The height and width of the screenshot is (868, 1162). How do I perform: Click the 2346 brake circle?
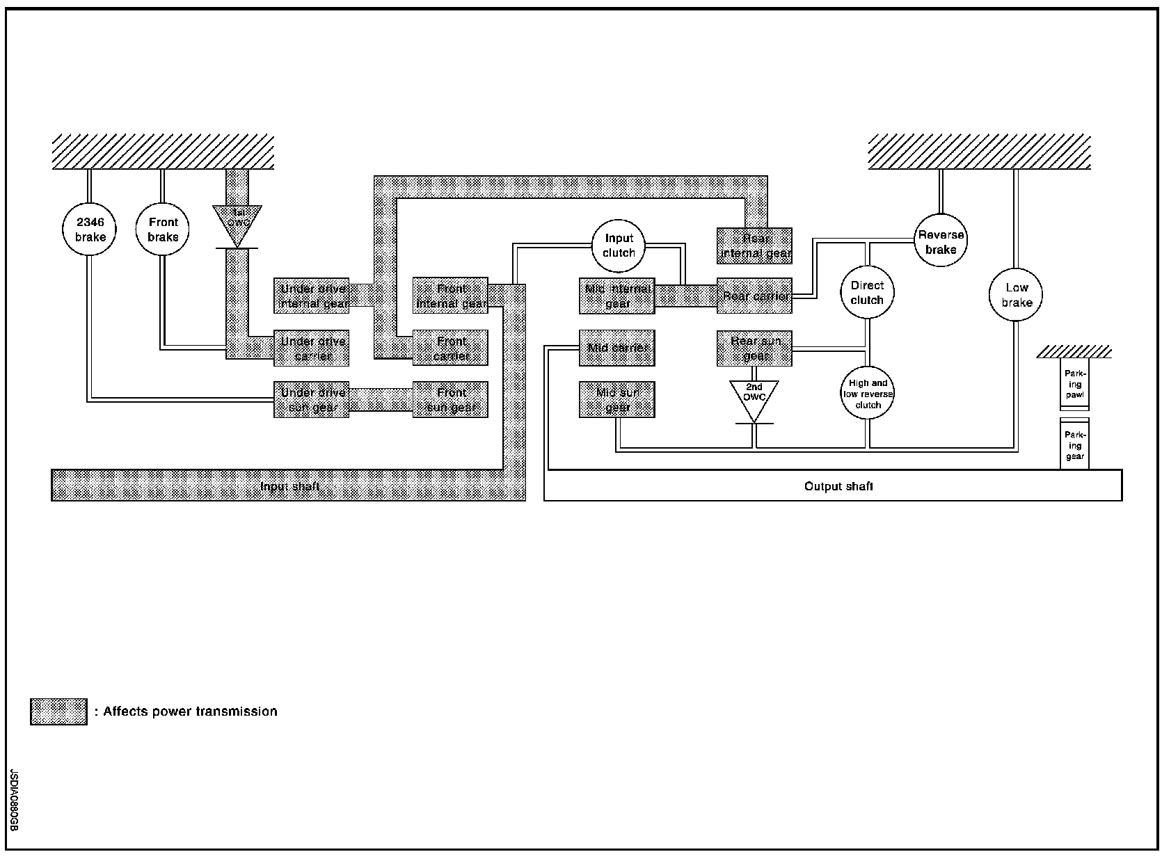coord(90,230)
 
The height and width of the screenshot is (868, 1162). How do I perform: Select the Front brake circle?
coord(163,230)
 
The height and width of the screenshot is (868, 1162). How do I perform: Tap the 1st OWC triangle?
coord(237,222)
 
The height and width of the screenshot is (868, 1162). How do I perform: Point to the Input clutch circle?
coord(619,246)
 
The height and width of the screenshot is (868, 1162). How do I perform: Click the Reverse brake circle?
coord(941,242)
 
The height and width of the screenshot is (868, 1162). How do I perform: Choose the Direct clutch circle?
coord(867,293)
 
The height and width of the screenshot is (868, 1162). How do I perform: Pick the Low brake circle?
coord(1016,295)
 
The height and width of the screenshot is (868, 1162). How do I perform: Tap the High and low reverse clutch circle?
coord(868,394)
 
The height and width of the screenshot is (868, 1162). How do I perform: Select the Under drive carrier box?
coord(311,348)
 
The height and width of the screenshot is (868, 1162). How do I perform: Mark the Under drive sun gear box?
coord(311,400)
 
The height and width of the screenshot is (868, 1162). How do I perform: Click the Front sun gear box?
coord(450,400)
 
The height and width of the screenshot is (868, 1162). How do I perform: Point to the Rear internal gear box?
coord(755,246)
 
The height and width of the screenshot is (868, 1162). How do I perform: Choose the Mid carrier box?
coord(617,348)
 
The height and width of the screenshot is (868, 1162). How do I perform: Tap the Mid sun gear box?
coord(617,400)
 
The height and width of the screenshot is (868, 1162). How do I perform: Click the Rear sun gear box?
coord(755,348)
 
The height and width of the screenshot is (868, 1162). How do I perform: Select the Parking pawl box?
coord(1074,384)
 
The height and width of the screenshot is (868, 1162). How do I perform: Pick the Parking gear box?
coord(1074,445)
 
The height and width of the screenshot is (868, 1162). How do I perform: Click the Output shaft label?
coord(838,486)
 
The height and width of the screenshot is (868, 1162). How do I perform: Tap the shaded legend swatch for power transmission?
coord(59,712)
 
